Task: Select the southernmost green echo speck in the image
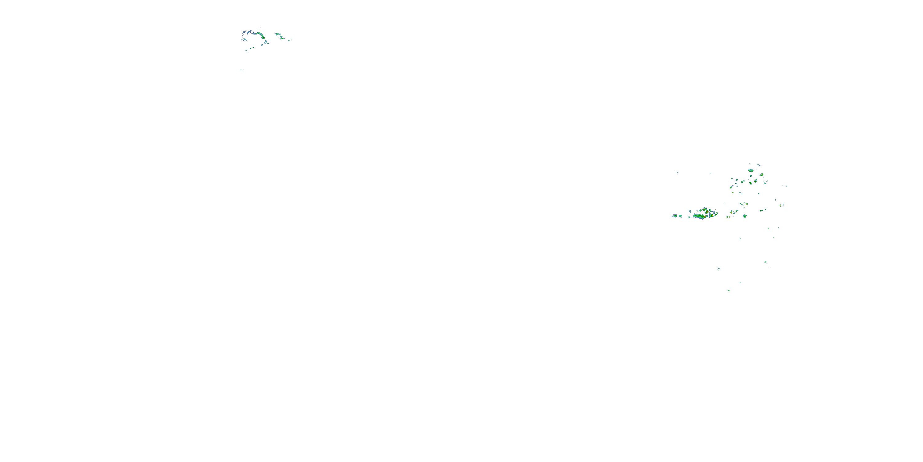(x=729, y=290)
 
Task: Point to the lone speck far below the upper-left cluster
(x=241, y=70)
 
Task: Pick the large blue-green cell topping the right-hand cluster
(x=751, y=170)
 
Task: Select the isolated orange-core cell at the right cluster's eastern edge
(x=780, y=205)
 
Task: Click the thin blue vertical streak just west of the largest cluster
(x=690, y=212)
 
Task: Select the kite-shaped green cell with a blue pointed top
(x=745, y=216)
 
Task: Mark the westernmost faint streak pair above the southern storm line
(x=676, y=172)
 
